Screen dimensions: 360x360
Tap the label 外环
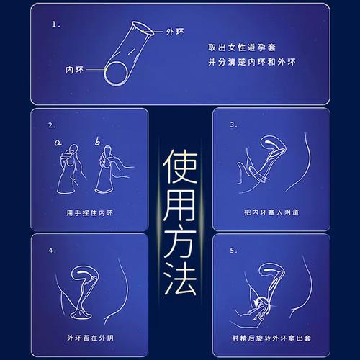coord(175,32)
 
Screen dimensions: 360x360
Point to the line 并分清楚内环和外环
coord(243,63)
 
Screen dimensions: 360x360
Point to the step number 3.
coord(233,124)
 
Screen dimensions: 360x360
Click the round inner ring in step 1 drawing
coord(117,73)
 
